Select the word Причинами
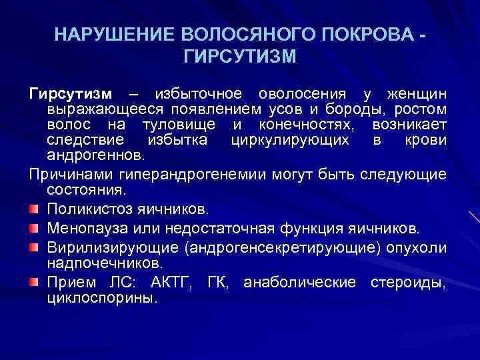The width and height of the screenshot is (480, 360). pyautogui.click(x=63, y=175)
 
